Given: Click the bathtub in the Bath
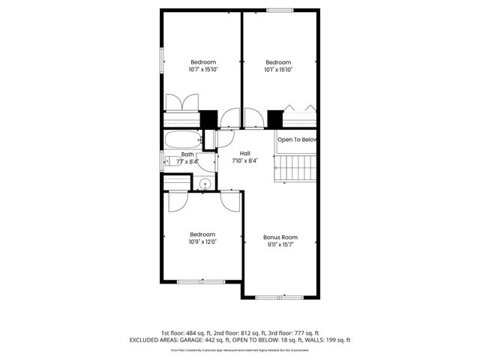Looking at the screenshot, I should [x=182, y=139].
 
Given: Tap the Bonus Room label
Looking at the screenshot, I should [x=280, y=237].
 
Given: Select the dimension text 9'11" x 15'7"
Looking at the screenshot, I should [x=280, y=244].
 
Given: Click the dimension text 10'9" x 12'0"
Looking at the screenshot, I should [x=202, y=241].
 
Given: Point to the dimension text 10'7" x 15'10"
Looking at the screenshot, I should [x=202, y=70].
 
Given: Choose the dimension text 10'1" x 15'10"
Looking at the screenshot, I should [x=278, y=70].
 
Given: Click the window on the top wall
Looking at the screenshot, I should [x=280, y=10].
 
